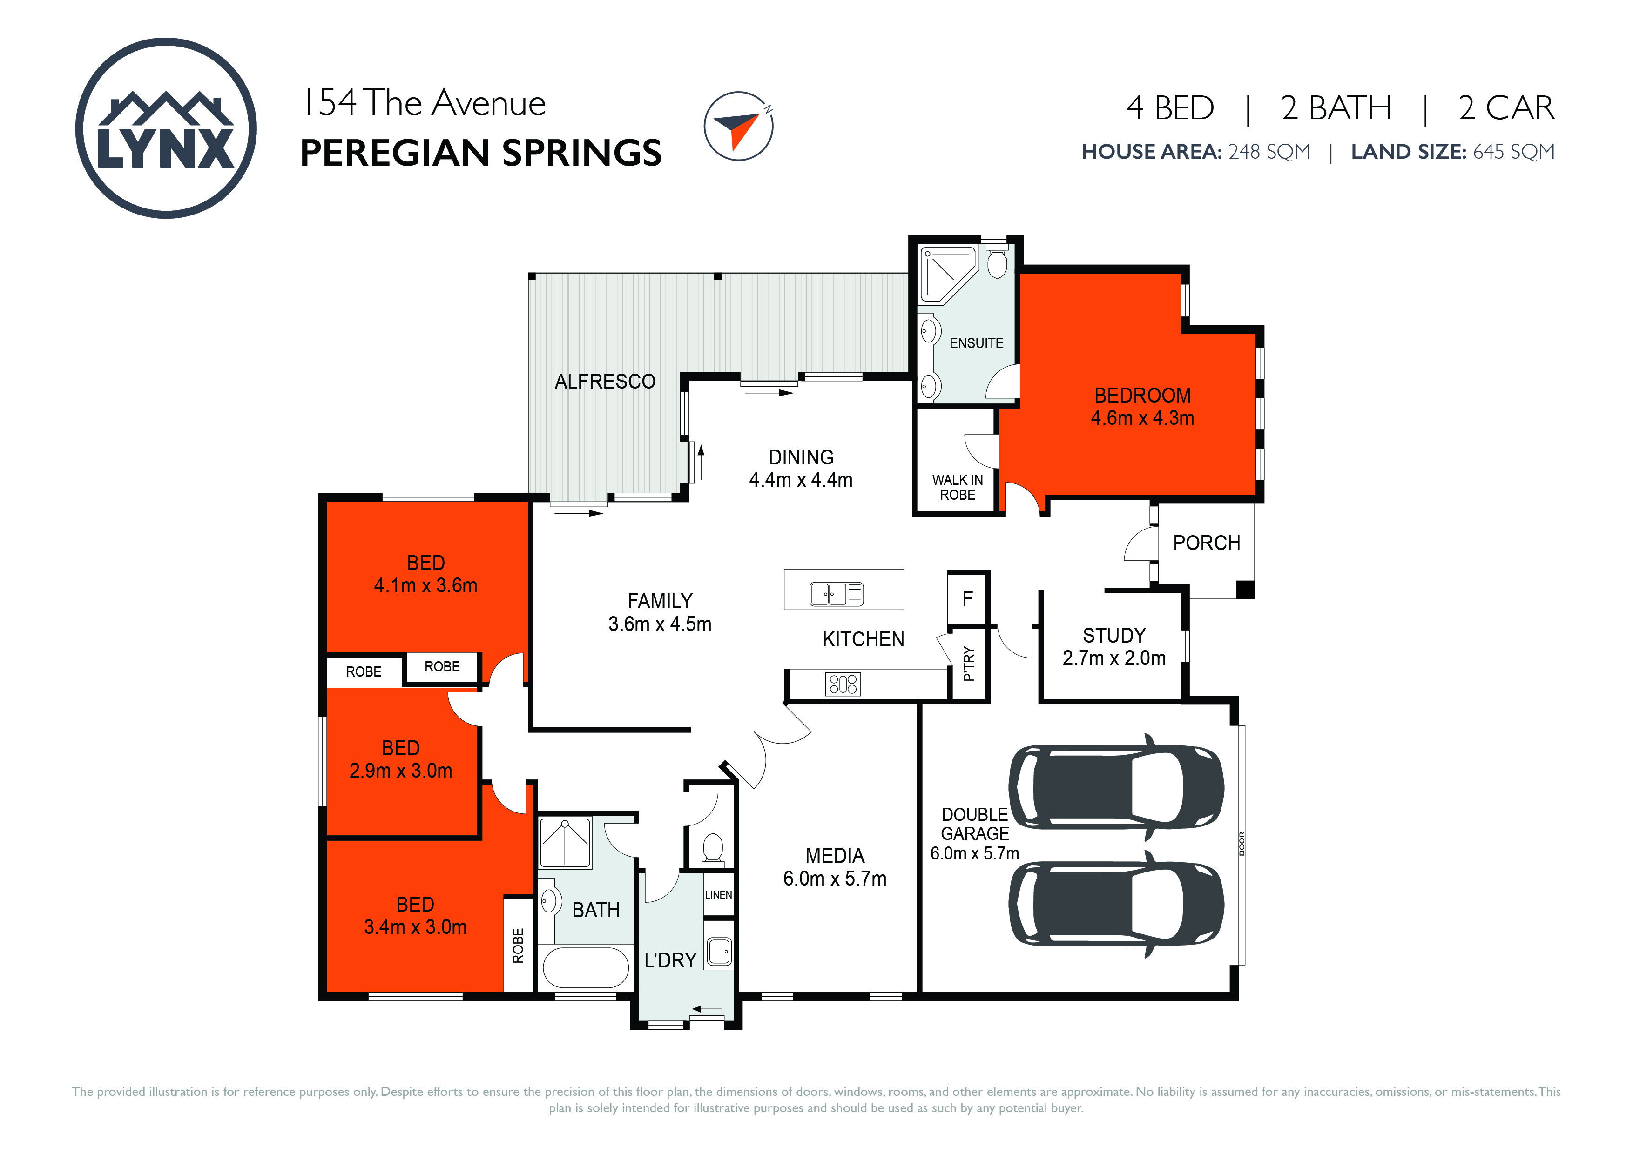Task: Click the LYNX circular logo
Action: pos(166,128)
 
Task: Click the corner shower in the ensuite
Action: pos(948,275)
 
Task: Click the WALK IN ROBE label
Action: pos(958,488)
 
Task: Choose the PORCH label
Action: pos(1206,543)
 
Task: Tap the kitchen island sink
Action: pos(837,594)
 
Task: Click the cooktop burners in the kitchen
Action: pos(843,684)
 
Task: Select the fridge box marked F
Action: pos(967,599)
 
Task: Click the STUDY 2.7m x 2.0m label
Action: pos(1114,646)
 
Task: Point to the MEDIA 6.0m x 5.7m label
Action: pos(835,867)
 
